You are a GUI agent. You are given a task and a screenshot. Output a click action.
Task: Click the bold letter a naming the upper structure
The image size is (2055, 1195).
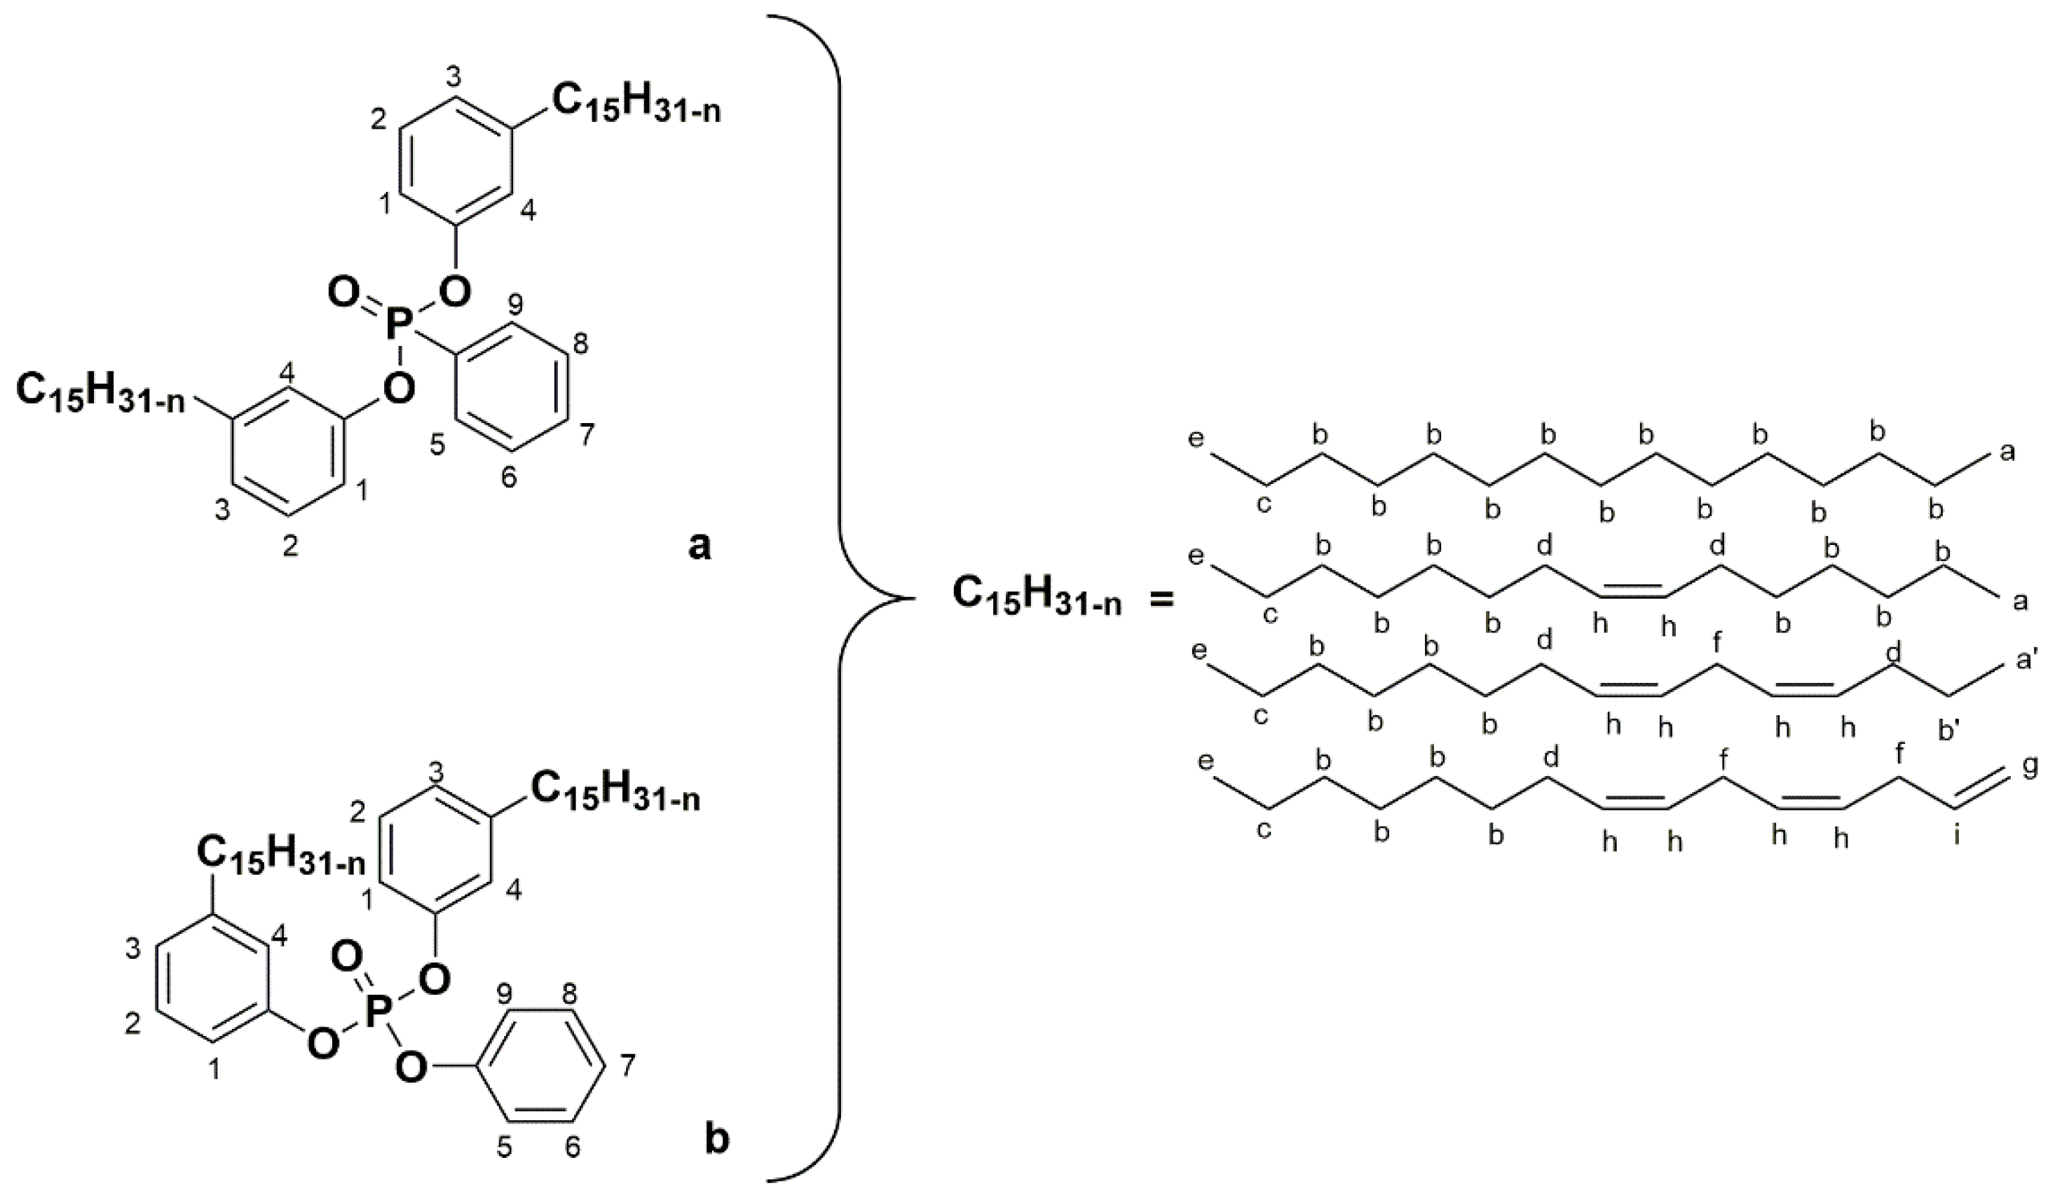click(699, 547)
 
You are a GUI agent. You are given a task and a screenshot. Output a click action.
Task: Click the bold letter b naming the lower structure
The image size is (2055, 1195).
click(717, 1140)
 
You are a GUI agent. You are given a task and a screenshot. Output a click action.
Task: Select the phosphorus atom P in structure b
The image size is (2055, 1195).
click(378, 1016)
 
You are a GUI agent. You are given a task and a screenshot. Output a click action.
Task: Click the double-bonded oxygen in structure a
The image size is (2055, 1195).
click(343, 291)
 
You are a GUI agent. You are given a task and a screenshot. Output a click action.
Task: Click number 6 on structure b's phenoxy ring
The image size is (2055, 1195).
click(573, 1148)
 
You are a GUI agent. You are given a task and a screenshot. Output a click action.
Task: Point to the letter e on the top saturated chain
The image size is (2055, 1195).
click(1196, 439)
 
